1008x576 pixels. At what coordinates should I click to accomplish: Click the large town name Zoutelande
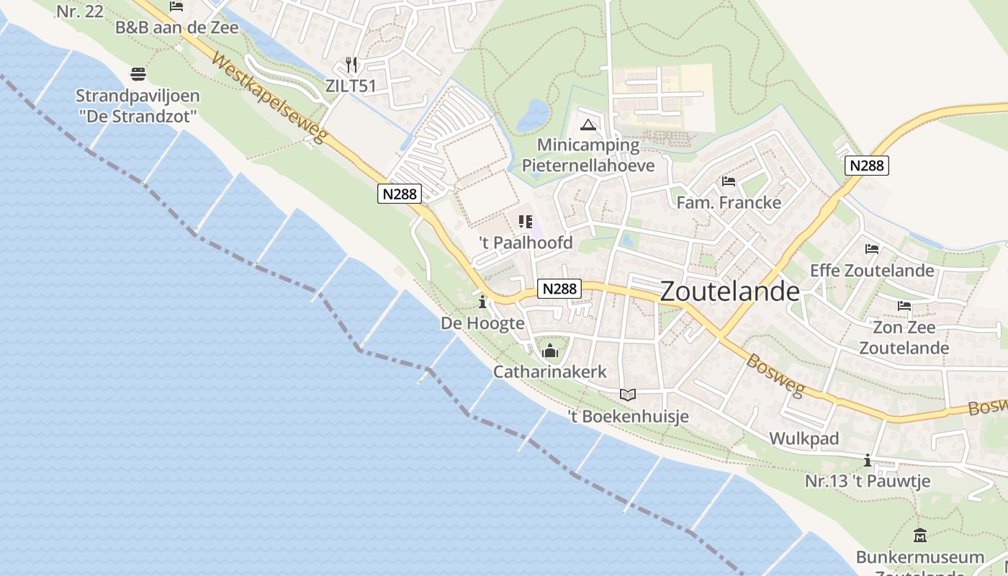(729, 292)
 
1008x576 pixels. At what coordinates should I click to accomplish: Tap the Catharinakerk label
(550, 372)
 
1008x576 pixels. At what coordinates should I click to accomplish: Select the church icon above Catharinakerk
(551, 351)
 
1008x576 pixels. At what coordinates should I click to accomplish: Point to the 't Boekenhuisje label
(629, 416)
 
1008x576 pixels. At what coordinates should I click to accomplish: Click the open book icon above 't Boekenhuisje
(628, 395)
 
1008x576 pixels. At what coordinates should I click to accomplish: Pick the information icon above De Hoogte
(482, 302)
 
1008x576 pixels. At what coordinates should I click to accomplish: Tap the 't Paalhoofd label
(526, 243)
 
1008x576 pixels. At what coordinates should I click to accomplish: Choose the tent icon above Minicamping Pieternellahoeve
(589, 125)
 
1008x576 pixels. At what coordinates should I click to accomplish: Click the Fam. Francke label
(729, 202)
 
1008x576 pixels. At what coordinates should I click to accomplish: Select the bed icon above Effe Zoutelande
(872, 249)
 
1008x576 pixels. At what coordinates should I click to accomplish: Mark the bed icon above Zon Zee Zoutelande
(904, 306)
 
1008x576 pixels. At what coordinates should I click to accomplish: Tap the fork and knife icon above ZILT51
(351, 65)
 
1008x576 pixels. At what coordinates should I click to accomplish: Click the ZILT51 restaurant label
(351, 86)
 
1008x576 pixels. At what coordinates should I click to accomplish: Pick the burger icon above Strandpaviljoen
(138, 74)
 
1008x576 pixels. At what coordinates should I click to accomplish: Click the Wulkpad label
(804, 438)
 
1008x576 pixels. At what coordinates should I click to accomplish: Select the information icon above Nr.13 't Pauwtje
(868, 461)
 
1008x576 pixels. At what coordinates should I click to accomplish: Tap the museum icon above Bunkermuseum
(920, 536)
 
